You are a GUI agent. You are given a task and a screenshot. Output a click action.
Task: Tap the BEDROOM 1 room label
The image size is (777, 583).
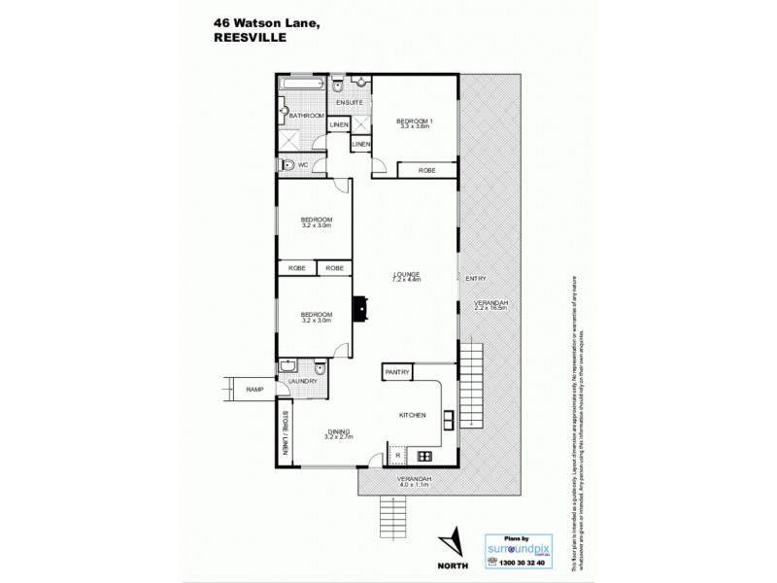click(x=415, y=120)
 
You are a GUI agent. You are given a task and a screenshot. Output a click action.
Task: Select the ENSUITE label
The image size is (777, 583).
click(x=350, y=101)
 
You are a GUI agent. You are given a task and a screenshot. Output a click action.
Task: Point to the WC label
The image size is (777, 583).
click(x=303, y=165)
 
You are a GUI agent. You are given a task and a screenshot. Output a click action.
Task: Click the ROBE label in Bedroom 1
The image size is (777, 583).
click(x=426, y=170)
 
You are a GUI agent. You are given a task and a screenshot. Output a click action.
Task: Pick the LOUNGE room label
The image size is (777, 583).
click(x=406, y=275)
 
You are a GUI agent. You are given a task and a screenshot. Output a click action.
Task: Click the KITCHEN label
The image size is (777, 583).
click(x=413, y=415)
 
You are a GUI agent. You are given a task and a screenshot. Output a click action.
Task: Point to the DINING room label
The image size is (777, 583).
click(x=338, y=431)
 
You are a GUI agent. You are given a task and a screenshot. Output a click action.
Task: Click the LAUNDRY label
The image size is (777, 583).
click(x=303, y=382)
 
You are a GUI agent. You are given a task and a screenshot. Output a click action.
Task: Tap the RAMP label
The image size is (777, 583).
click(x=254, y=390)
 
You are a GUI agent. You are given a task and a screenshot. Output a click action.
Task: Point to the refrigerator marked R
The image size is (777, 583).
click(x=397, y=454)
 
